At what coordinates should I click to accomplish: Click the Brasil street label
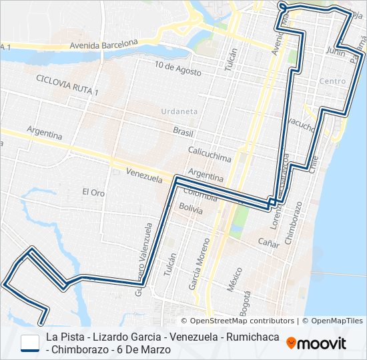point(183,131)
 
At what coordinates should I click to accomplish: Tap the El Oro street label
point(93,192)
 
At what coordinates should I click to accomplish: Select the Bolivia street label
point(191,207)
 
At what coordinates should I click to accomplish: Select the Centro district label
point(332,81)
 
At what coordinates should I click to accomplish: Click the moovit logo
point(316,343)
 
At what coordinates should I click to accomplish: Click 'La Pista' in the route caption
point(64,337)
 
